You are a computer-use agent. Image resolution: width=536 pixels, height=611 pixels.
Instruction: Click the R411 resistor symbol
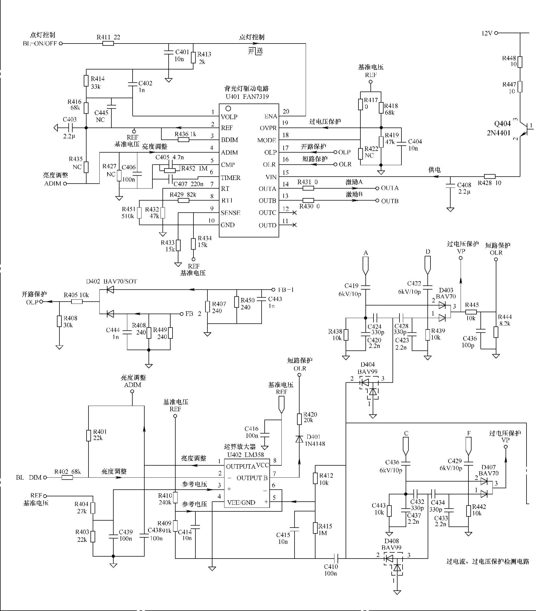[x=108, y=43]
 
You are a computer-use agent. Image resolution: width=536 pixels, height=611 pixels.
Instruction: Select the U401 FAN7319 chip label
[x=247, y=97]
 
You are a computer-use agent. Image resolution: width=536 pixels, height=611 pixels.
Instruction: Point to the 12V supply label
[x=487, y=33]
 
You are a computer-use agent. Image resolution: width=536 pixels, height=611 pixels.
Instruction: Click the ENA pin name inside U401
[x=271, y=116]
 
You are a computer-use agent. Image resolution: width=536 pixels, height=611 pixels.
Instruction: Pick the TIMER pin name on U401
[x=231, y=178]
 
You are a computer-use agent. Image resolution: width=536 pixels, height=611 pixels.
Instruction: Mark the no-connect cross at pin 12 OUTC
[x=295, y=212]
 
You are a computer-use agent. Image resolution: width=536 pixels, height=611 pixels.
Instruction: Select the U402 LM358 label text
[x=245, y=455]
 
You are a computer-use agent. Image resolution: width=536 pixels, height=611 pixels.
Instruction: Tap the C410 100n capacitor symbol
[x=336, y=558]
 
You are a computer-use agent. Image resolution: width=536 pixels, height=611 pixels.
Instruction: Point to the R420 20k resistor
[x=299, y=419]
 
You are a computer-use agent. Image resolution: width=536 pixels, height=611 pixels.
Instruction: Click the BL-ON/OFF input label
[x=40, y=43]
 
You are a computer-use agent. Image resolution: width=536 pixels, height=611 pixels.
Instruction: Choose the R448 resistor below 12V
[x=520, y=62]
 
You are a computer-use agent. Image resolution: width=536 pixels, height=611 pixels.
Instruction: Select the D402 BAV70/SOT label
[x=111, y=281]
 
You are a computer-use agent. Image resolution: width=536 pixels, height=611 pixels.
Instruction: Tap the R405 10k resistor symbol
[x=77, y=302]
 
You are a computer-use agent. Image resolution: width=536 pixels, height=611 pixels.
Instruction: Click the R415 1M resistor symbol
[x=315, y=528]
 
